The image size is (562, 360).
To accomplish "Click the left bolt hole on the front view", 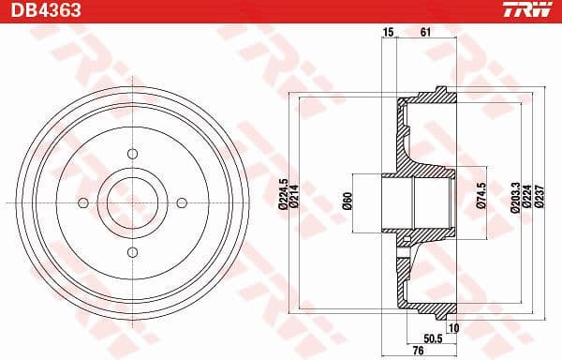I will pos(83,202).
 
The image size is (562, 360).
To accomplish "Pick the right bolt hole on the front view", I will pos(182,202).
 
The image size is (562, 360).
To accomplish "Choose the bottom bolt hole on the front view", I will pos(132,251).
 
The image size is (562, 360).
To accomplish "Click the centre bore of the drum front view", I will pos(132,202).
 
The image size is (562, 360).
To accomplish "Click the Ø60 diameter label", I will pos(346,200).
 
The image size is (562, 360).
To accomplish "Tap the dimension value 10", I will pos(453,327).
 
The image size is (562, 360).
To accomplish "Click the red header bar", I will pos(281,10).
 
